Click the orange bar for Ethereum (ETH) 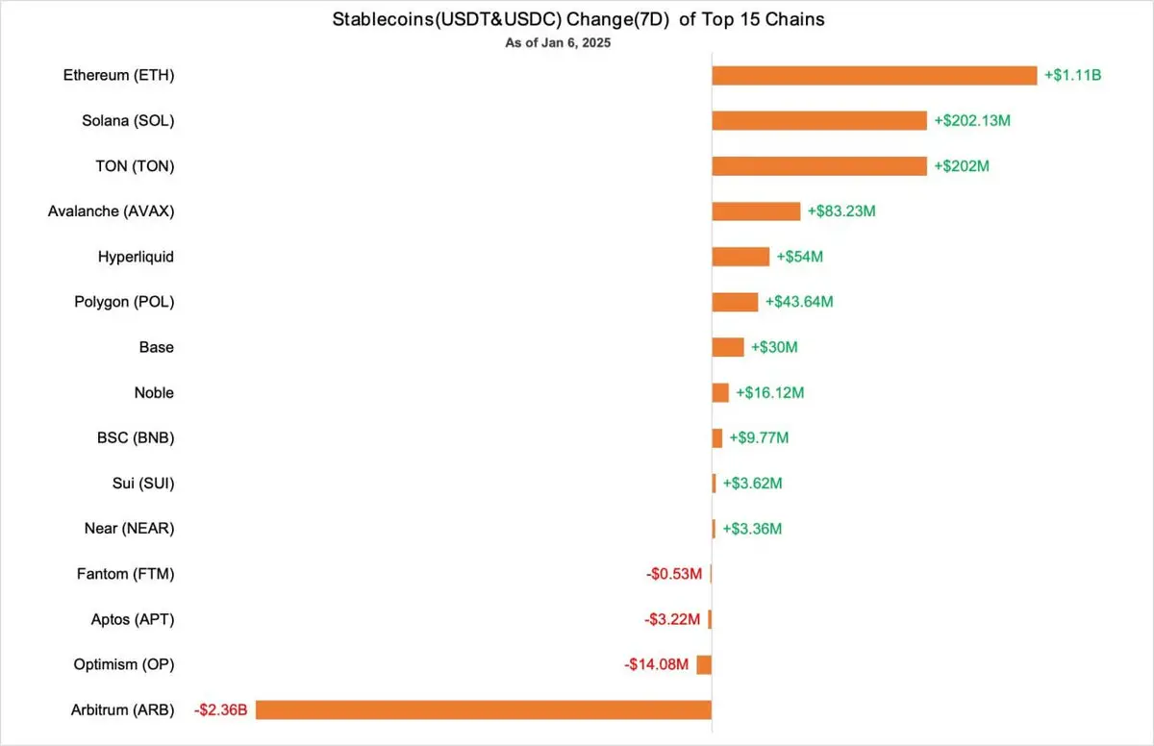pyautogui.click(x=873, y=75)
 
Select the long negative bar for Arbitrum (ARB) pyautogui.click(x=483, y=710)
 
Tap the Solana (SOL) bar pyautogui.click(x=819, y=120)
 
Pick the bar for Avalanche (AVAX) pyautogui.click(x=756, y=211)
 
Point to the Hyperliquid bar pyautogui.click(x=740, y=257)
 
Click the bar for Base pyautogui.click(x=728, y=347)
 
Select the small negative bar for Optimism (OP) pyautogui.click(x=704, y=664)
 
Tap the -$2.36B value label pyautogui.click(x=221, y=710)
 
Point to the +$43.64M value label pyautogui.click(x=799, y=302)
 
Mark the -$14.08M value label pyautogui.click(x=657, y=664)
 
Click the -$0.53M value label pyautogui.click(x=673, y=574)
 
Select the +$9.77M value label pyautogui.click(x=759, y=438)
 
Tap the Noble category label pyautogui.click(x=154, y=392)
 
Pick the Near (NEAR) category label pyautogui.click(x=129, y=529)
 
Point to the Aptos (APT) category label pyautogui.click(x=133, y=619)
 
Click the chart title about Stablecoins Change pyautogui.click(x=578, y=19)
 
